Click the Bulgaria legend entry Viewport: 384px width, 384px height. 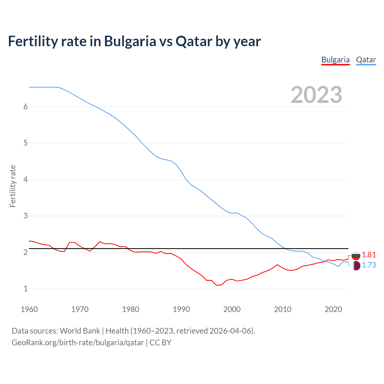click(335, 60)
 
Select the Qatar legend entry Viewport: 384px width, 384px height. click(366, 60)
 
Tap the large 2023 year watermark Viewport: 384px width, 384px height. click(316, 95)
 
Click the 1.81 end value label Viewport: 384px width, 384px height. click(369, 255)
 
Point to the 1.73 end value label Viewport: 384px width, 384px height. click(369, 265)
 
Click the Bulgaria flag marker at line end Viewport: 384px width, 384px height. click(356, 256)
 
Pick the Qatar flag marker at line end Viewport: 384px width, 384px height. click(356, 265)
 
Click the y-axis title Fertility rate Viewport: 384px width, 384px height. click(13, 186)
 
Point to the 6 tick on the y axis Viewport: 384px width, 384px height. click(25, 107)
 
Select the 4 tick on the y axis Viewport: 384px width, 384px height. click(25, 180)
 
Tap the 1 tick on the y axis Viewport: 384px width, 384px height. click(25, 289)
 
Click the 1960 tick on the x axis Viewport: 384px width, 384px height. click(29, 309)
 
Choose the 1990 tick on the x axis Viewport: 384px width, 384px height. click(181, 309)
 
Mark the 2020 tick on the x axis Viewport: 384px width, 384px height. click(333, 309)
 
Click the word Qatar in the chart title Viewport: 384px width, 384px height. click(194, 41)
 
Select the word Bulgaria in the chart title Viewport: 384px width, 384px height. click(130, 41)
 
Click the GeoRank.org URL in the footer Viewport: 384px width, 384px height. click(78, 343)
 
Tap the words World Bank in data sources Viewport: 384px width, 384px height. click(80, 331)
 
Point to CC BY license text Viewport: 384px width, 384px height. click(160, 343)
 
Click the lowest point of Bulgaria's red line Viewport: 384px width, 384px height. click(217, 285)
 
